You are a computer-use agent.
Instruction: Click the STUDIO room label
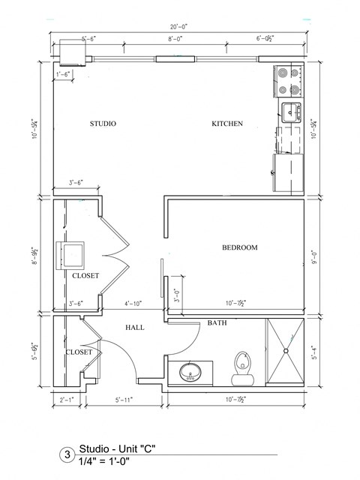(x=103, y=124)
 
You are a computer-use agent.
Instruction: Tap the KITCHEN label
(x=226, y=124)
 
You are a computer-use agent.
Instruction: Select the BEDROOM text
(x=239, y=247)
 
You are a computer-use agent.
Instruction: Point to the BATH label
(x=217, y=322)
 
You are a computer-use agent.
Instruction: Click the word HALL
(x=135, y=328)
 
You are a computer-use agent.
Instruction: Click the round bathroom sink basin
(x=190, y=372)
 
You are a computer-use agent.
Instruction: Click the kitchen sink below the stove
(x=290, y=113)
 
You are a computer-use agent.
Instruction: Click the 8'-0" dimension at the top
(x=176, y=37)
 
